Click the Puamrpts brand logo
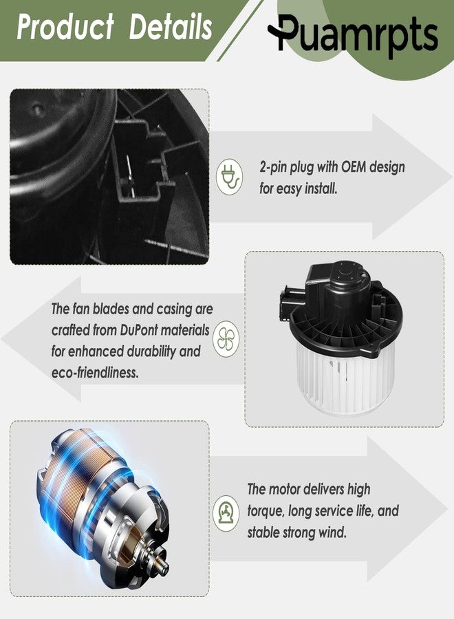click(x=353, y=36)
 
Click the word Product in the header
click(x=65, y=27)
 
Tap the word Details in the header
click(x=171, y=27)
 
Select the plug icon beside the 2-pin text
click(x=229, y=177)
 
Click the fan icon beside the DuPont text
click(x=226, y=339)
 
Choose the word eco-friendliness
click(x=95, y=372)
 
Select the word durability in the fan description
click(x=151, y=351)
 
